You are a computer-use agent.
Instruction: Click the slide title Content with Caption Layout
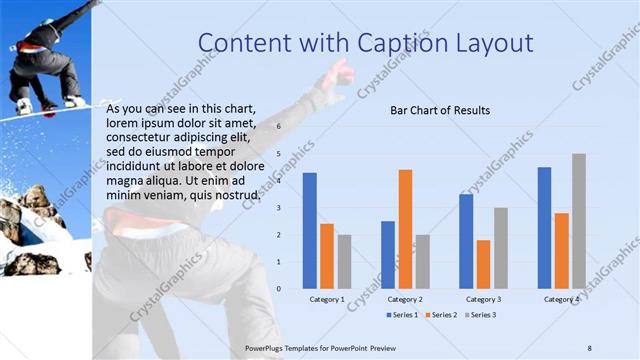[365, 43]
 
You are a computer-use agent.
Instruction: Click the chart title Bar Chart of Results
[439, 110]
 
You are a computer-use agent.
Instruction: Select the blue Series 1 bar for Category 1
[310, 230]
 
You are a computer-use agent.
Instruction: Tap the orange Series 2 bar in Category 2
[405, 229]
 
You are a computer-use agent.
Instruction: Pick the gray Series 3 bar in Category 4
[579, 221]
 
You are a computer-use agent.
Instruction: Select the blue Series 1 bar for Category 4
[544, 227]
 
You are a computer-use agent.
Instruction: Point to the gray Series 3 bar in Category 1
[344, 261]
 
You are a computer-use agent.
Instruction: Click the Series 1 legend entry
[403, 315]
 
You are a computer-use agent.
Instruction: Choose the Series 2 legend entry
[440, 315]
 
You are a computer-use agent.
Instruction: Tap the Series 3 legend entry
[479, 315]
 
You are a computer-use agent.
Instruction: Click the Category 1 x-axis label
[327, 299]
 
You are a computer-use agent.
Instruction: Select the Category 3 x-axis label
[483, 299]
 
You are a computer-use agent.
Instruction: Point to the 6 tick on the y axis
[280, 127]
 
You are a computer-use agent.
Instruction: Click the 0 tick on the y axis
[280, 288]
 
